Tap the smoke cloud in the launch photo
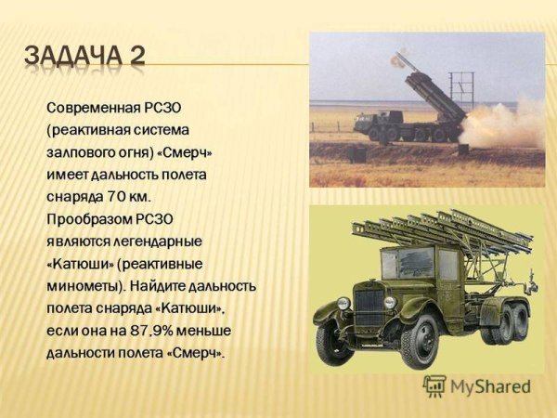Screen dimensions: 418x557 [x=501, y=125]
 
